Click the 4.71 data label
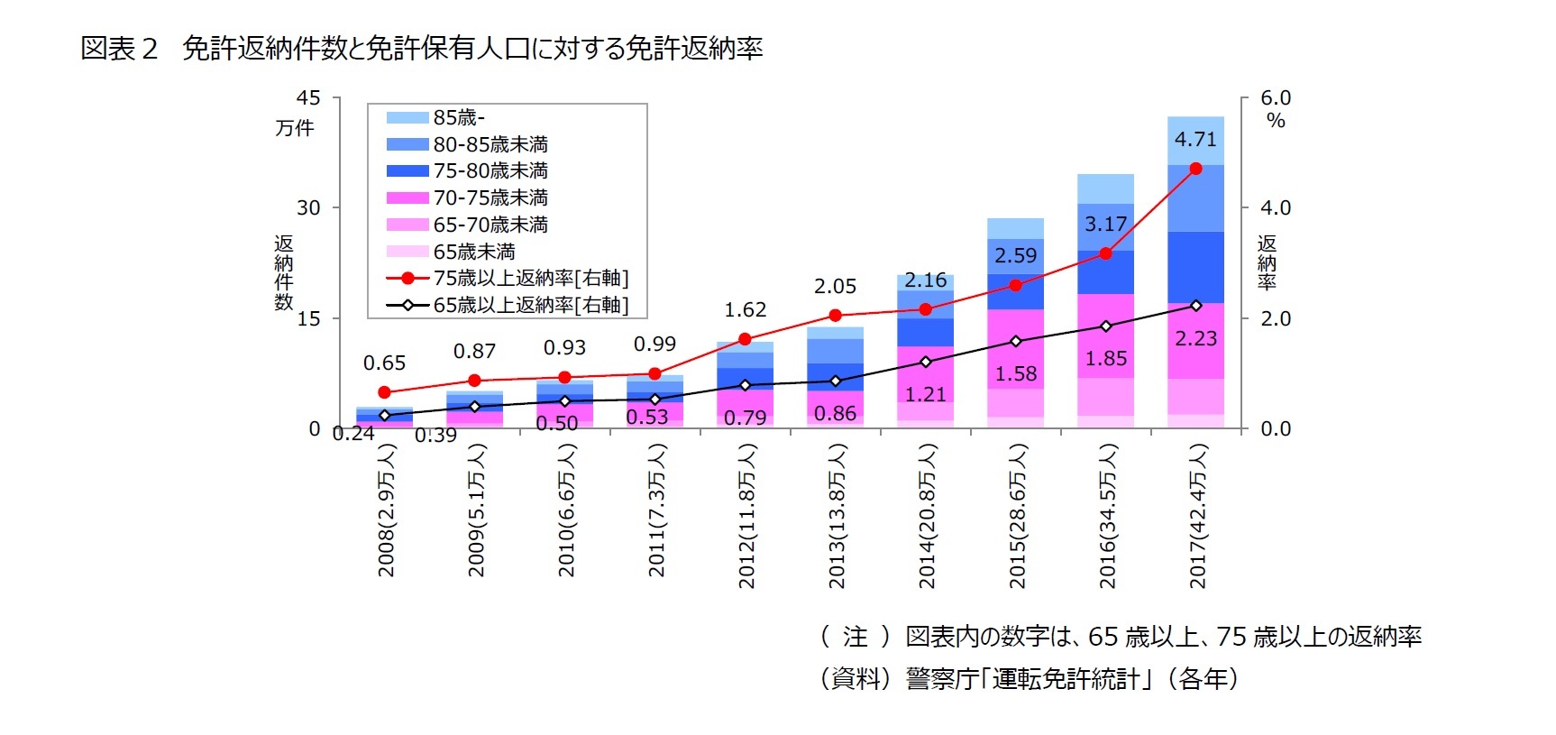[x=1195, y=140]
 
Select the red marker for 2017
[x=1195, y=169]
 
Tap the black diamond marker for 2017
[x=1196, y=306]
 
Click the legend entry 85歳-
[x=459, y=117]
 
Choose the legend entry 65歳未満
[x=474, y=252]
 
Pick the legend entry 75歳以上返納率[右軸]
[x=530, y=278]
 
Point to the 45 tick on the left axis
[x=308, y=97]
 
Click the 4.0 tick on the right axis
[x=1276, y=207]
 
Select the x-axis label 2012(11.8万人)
[x=746, y=517]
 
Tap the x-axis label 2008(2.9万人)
[x=386, y=510]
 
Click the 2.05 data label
[x=835, y=287]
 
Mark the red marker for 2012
[x=745, y=339]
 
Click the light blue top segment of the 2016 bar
[x=1105, y=188]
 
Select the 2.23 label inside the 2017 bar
[x=1195, y=338]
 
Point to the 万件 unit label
[x=295, y=128]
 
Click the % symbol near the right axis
[x=1276, y=121]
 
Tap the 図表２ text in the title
[x=119, y=48]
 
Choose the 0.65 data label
[x=384, y=363]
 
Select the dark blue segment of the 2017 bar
[x=1195, y=267]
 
